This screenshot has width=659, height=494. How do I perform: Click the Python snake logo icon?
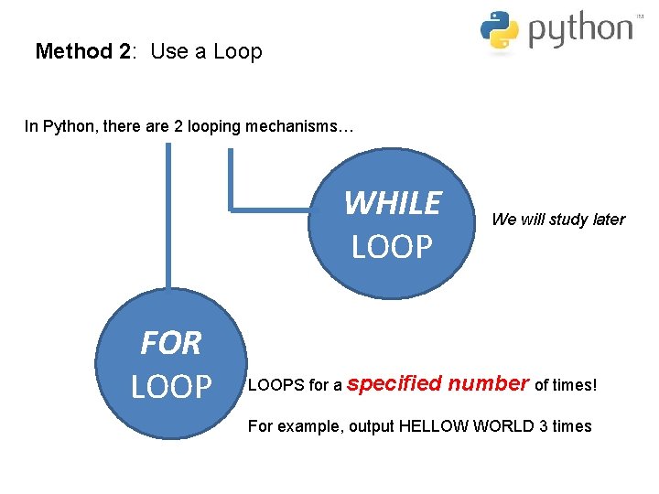pos(500,29)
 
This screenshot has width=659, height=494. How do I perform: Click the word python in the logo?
pos(580,30)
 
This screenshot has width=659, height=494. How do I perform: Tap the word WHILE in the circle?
pos(392,203)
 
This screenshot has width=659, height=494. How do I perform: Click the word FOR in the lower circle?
pos(170,344)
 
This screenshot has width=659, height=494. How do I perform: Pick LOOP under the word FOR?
pos(171,387)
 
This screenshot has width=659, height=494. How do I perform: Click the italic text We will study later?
pos(558,220)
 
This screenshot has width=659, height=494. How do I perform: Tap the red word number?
pos(488,383)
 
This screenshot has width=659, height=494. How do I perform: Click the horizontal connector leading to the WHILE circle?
pos(275,209)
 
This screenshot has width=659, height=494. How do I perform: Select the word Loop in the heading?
pos(238,51)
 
